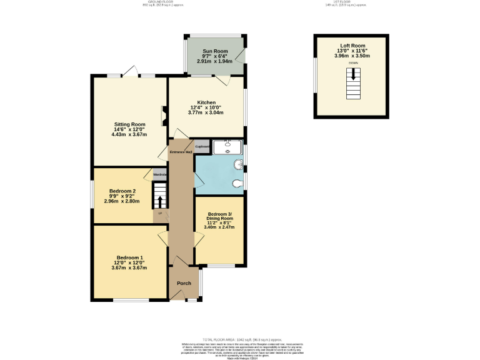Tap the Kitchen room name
pyautogui.click(x=206, y=102)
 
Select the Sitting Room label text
pyautogui.click(x=129, y=124)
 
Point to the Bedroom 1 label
pyautogui.click(x=129, y=258)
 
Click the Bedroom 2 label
pyautogui.click(x=122, y=191)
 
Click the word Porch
pyautogui.click(x=184, y=283)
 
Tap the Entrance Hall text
pyautogui.click(x=180, y=152)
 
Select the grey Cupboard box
pyautogui.click(x=202, y=147)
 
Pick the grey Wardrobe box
pyautogui.click(x=160, y=174)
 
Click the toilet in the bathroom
pyautogui.click(x=237, y=184)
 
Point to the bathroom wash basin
pyautogui.click(x=237, y=165)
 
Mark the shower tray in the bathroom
pyautogui.click(x=227, y=147)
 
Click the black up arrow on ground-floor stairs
pyautogui.click(x=161, y=201)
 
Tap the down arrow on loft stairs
pyautogui.click(x=354, y=74)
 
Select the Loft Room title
pyautogui.click(x=352, y=46)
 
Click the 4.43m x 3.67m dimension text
pyautogui.click(x=129, y=134)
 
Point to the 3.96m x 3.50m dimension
pyautogui.click(x=352, y=56)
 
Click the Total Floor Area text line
pyautogui.click(x=240, y=340)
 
